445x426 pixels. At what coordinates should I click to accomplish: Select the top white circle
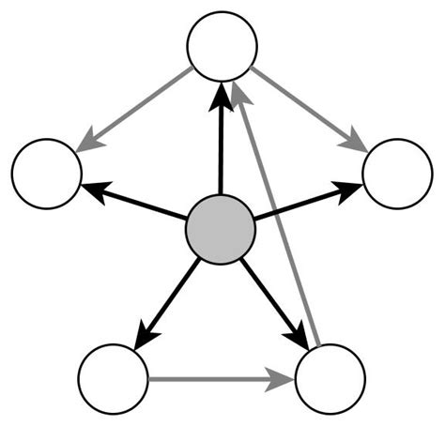[222, 46]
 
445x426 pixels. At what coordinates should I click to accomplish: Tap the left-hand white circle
[47, 174]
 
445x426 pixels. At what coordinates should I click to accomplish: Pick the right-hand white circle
[396, 174]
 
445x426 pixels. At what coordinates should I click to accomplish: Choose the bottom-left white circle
[113, 379]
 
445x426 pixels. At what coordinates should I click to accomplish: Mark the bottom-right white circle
[330, 379]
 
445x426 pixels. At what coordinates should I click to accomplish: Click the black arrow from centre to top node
[221, 141]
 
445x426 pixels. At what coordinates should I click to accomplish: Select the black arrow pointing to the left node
[136, 203]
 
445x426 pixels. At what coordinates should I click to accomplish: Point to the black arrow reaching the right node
[305, 202]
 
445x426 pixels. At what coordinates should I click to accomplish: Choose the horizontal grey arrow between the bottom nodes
[216, 380]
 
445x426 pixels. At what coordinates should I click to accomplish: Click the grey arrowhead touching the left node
[89, 143]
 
